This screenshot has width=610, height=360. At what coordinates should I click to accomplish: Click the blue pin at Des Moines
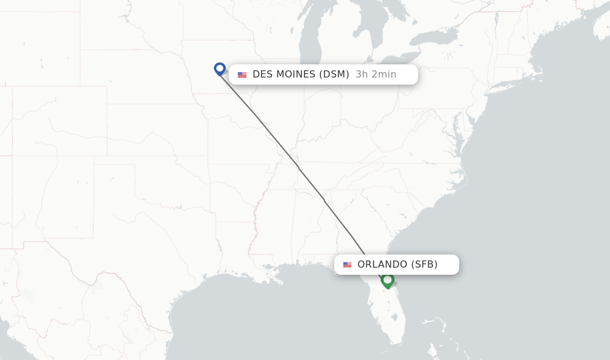[220, 69]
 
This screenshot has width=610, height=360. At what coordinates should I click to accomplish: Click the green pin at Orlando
[387, 280]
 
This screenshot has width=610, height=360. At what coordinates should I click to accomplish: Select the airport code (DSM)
[334, 75]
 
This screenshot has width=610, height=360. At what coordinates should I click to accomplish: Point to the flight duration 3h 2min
[376, 75]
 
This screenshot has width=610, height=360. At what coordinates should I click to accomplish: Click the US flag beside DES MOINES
[242, 75]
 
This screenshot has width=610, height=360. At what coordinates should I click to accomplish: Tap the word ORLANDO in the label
[382, 265]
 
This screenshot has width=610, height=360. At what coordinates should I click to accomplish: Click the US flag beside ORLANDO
[347, 265]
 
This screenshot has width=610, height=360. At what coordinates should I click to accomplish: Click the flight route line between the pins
[298, 167]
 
